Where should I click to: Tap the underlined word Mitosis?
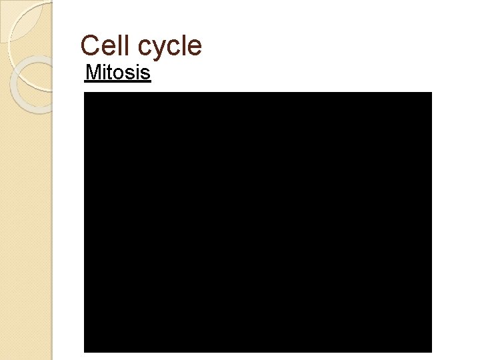click(x=118, y=72)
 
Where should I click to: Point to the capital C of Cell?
click(x=89, y=45)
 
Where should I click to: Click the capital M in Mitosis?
click(x=93, y=72)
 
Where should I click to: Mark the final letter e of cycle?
click(x=195, y=47)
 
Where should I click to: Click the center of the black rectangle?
click(x=257, y=221)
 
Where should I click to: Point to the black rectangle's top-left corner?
click(x=85, y=93)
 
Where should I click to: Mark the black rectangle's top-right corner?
click(x=431, y=93)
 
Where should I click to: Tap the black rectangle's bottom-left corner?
click(x=85, y=351)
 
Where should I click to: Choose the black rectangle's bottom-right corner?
click(x=431, y=351)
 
